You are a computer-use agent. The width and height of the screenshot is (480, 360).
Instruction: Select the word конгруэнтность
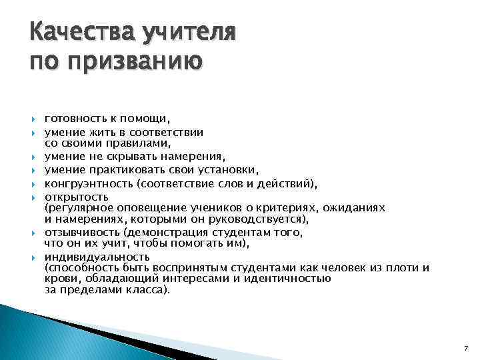85,183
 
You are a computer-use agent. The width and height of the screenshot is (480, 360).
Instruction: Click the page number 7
465,349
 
